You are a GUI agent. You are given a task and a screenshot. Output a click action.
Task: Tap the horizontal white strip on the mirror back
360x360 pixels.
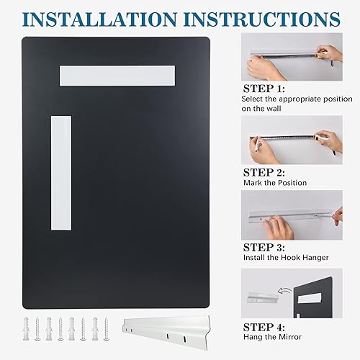[x=117, y=75]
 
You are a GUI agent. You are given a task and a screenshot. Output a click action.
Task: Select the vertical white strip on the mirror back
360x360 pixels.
[x=61, y=173]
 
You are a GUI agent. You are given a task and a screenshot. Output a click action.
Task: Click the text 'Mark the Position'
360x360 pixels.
[x=274, y=184]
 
